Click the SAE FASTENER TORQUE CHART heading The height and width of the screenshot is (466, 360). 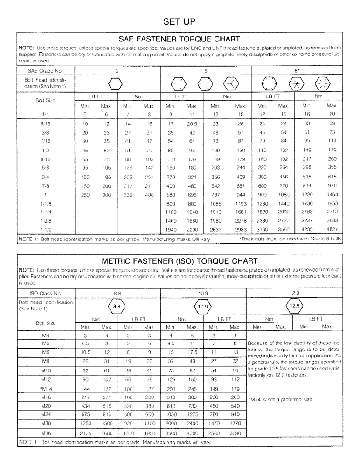tap(180, 39)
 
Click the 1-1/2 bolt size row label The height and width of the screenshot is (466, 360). tap(46, 230)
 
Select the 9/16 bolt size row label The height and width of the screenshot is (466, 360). tap(46, 158)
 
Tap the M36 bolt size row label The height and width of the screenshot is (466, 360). tap(46, 433)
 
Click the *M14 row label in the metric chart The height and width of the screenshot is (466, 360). tap(46, 388)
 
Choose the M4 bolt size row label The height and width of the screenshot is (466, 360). tap(46, 335)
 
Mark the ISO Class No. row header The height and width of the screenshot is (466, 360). tap(44, 294)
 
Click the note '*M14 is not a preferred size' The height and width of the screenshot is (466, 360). tap(279, 399)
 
